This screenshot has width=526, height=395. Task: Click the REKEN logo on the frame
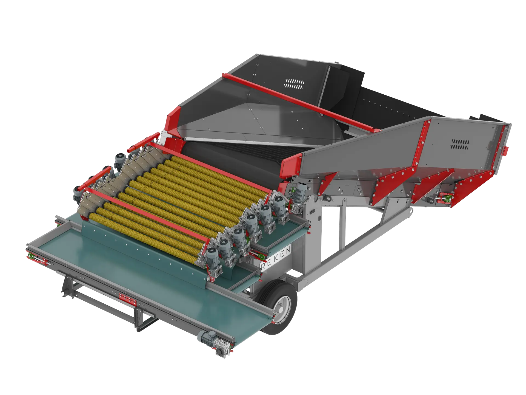click(x=276, y=258)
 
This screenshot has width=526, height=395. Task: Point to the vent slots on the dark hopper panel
click(x=294, y=84)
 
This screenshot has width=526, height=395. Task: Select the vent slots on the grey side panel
click(x=460, y=145)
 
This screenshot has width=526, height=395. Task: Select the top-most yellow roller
click(x=219, y=176)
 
